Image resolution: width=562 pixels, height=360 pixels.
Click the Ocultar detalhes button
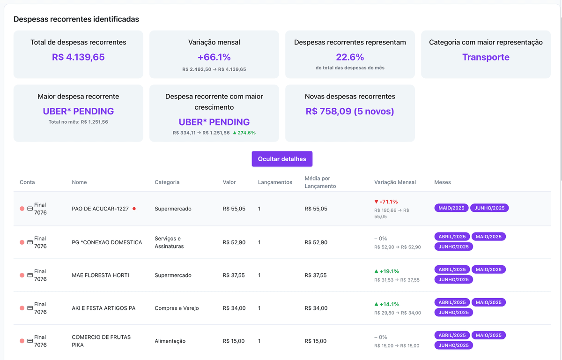tap(282, 159)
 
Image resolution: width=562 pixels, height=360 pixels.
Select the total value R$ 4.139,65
tap(78, 57)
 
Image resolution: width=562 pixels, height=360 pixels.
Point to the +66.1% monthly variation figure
tap(214, 57)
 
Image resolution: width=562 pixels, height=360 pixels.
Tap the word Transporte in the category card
tap(486, 57)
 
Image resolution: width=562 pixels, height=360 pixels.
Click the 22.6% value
tap(350, 57)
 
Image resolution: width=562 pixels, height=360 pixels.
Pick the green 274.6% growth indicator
tap(244, 133)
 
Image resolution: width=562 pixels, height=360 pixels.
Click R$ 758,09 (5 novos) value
tap(350, 112)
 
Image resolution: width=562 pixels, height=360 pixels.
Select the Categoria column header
tap(167, 182)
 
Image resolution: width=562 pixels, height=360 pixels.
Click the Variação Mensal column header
tap(395, 182)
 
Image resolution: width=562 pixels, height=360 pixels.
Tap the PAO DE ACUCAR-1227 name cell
tap(100, 209)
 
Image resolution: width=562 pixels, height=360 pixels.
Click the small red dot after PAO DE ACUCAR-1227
tap(134, 209)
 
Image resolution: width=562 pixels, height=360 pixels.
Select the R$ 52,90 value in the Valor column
tap(234, 242)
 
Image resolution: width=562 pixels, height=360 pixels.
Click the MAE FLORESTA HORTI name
tap(100, 275)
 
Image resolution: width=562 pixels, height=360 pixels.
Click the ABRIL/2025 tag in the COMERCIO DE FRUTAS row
tap(451, 335)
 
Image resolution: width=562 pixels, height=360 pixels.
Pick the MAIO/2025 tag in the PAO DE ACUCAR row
tap(451, 208)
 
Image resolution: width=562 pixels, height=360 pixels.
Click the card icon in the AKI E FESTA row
tap(30, 308)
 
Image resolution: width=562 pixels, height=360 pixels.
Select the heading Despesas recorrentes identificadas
tap(76, 19)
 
